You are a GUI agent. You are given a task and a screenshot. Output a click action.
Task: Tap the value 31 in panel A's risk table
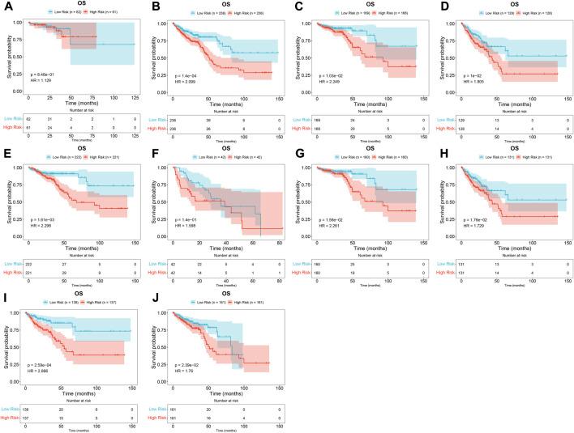tap(48, 120)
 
